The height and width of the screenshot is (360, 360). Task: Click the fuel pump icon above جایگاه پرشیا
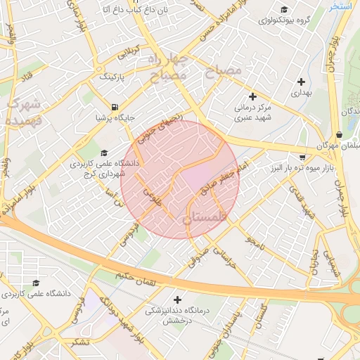click(114, 107)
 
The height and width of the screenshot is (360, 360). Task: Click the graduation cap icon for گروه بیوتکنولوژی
click(283, 9)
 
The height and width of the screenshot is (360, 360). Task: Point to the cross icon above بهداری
click(301, 82)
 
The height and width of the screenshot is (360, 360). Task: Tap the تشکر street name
click(80, 342)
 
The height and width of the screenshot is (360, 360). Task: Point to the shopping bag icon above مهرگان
click(339, 134)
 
